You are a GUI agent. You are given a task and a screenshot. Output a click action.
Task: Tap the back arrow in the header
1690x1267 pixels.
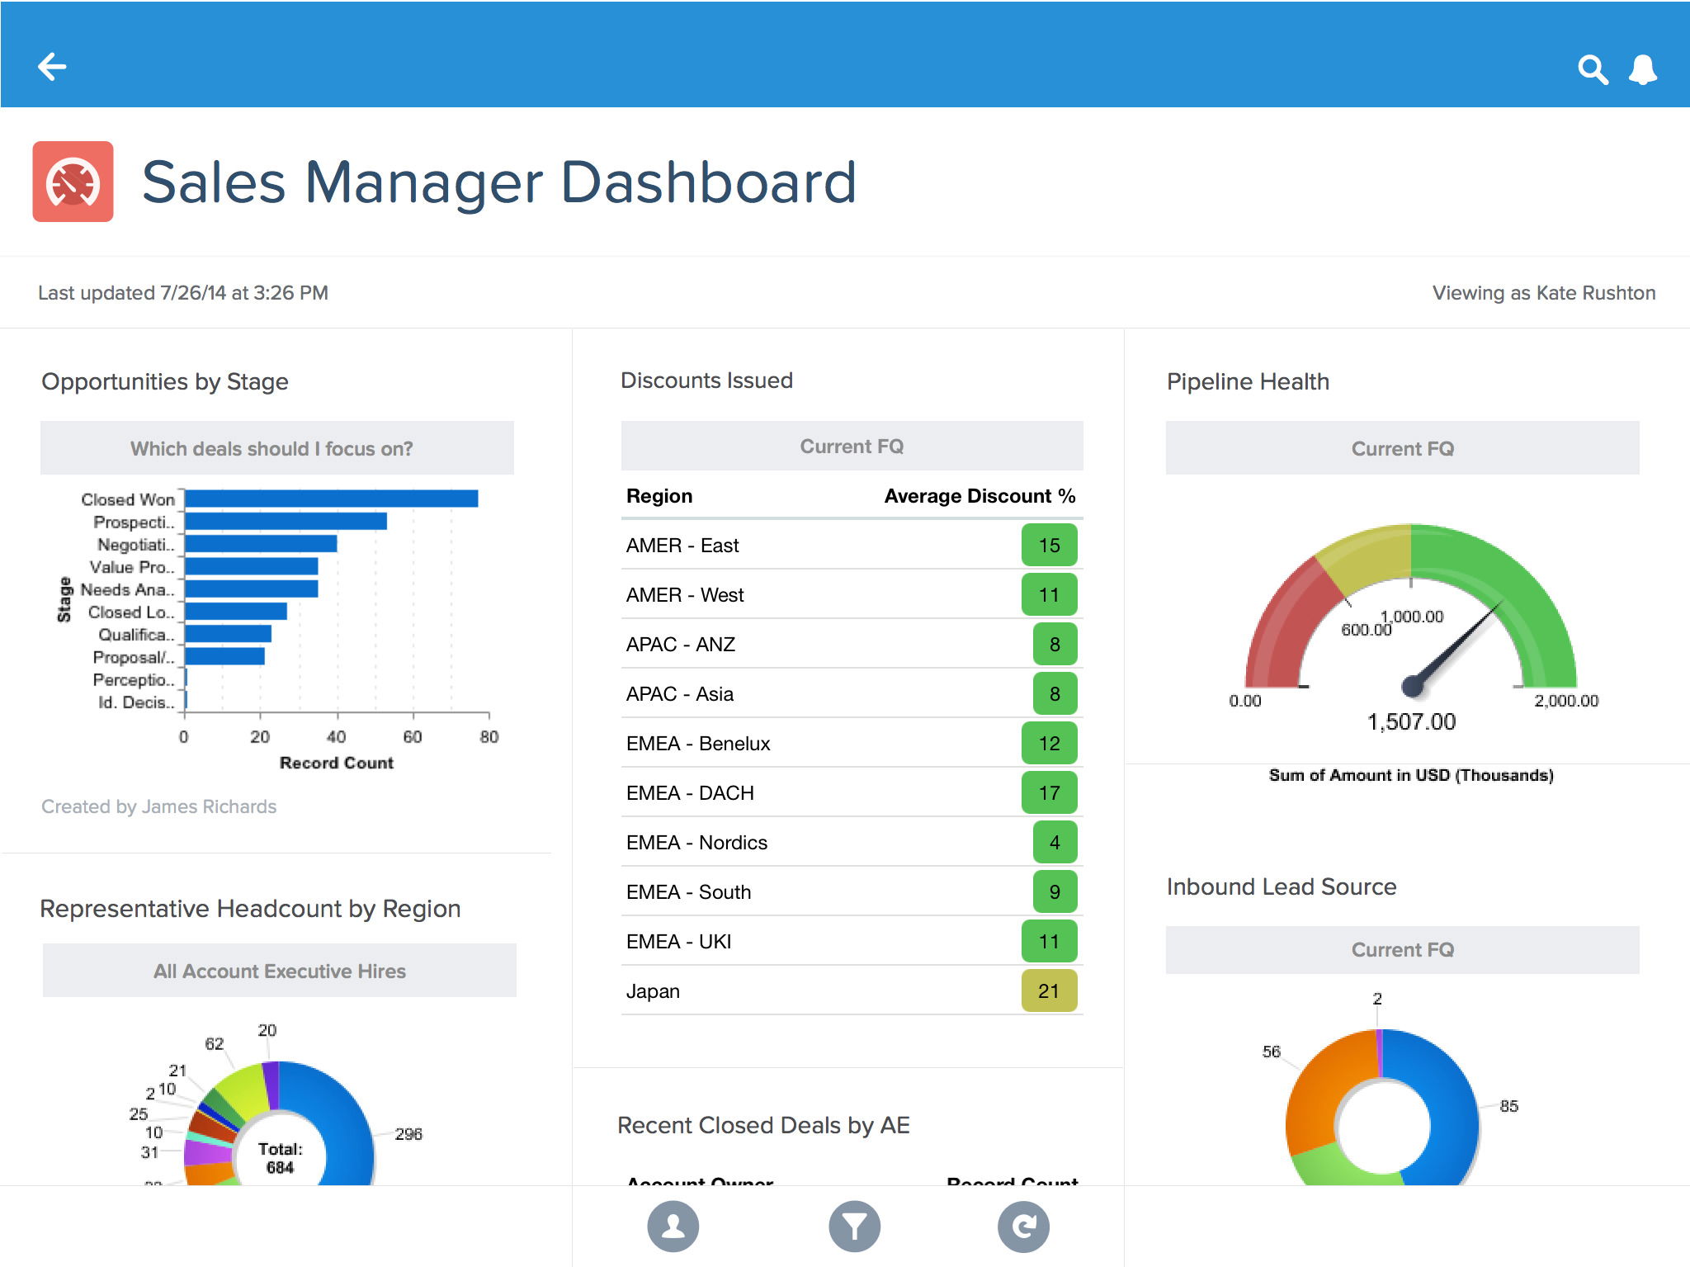coord(52,67)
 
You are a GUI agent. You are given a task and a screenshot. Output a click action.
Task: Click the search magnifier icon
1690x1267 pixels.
coord(1592,69)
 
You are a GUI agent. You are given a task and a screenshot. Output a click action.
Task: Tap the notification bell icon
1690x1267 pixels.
coord(1642,69)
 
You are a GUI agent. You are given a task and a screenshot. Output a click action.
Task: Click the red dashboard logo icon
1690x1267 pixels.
coord(73,182)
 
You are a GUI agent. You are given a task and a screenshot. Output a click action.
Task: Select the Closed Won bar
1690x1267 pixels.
coord(330,499)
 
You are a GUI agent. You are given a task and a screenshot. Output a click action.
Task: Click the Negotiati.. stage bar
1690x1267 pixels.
coord(260,544)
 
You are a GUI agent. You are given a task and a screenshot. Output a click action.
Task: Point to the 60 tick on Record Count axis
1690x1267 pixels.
coord(413,736)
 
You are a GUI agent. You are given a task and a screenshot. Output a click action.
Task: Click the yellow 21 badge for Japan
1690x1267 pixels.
coord(1049,990)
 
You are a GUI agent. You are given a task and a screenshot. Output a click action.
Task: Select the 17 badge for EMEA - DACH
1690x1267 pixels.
coord(1049,792)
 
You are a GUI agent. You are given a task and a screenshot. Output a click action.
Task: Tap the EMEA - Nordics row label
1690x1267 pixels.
coord(696,842)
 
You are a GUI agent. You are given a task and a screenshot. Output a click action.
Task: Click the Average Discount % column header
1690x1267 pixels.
coord(980,496)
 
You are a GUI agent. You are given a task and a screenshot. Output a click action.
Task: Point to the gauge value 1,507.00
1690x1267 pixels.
coord(1411,721)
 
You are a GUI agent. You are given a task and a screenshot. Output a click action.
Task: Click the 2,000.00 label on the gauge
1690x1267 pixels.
coord(1565,701)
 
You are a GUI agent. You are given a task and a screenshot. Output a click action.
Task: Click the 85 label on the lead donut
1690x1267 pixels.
coord(1508,1106)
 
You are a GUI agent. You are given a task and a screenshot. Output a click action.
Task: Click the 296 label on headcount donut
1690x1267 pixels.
coord(408,1134)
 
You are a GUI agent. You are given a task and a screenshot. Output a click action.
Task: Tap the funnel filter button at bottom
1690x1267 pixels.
coord(854,1227)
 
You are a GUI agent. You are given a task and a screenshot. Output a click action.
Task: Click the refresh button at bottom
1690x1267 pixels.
coord(1023,1227)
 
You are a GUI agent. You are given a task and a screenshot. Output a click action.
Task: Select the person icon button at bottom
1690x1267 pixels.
coord(673,1227)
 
